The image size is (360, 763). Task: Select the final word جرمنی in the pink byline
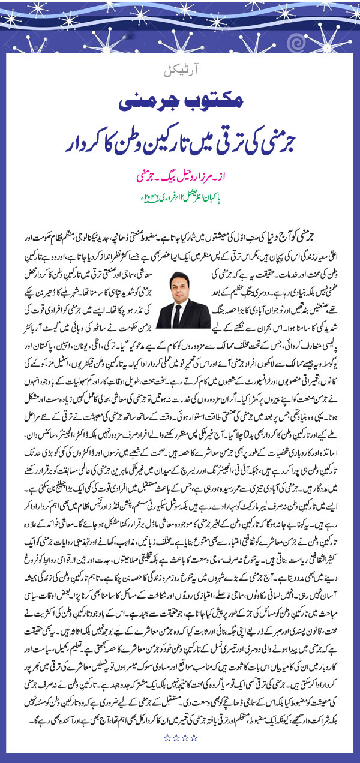point(146,178)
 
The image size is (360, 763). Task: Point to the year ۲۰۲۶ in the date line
point(146,197)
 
